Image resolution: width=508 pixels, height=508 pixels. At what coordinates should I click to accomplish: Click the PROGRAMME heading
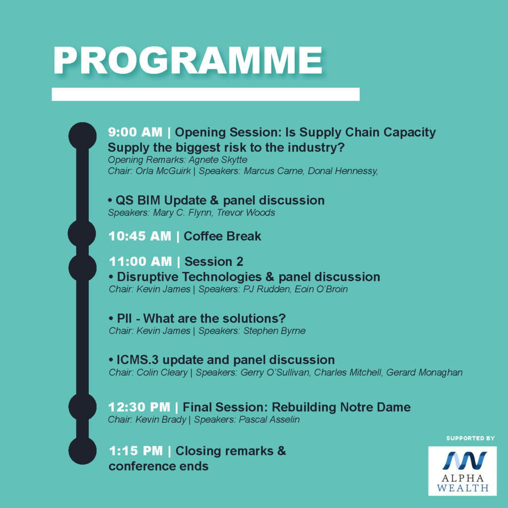tap(188, 61)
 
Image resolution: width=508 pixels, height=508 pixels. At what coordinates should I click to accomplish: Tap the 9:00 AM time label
tap(135, 132)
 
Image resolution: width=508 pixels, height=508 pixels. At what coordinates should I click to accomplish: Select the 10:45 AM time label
tap(139, 236)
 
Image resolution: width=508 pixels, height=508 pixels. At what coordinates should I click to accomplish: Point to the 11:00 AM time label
tap(140, 261)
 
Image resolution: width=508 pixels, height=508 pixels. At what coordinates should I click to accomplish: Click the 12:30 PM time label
tap(139, 407)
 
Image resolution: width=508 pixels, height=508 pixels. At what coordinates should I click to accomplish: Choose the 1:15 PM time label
tap(136, 450)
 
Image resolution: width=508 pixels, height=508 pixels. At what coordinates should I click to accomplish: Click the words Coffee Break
tap(222, 236)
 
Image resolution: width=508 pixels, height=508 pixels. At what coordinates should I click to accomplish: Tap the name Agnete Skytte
tap(218, 160)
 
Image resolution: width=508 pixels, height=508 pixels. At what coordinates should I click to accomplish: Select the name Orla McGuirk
tap(163, 171)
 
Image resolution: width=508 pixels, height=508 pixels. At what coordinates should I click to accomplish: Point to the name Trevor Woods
tap(246, 212)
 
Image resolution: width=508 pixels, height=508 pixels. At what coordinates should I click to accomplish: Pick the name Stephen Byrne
tap(274, 331)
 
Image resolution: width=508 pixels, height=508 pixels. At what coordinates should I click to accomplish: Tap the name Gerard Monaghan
tap(424, 373)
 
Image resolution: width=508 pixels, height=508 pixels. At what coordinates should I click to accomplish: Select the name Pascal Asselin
tap(269, 420)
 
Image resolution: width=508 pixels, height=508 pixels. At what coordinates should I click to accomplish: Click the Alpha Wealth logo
tap(462, 471)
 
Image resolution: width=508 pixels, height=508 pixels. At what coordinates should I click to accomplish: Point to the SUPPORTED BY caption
tap(470, 439)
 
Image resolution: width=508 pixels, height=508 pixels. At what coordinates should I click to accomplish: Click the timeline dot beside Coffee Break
tap(82, 234)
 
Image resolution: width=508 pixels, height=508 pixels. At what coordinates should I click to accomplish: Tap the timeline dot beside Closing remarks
tap(82, 450)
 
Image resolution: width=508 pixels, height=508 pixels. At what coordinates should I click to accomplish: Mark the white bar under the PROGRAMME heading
tap(205, 94)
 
